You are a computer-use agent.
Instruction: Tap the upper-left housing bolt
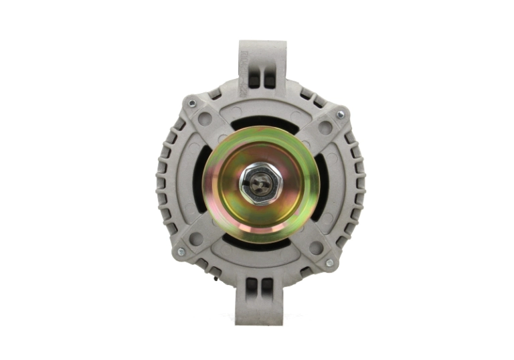click(192, 104)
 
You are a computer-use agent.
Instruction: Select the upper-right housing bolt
click(340, 115)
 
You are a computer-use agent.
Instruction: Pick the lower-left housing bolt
click(180, 252)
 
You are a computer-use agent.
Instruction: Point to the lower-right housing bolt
click(329, 264)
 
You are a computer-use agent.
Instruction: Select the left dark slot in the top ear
click(254, 78)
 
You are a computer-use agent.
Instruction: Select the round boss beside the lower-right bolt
click(316, 248)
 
